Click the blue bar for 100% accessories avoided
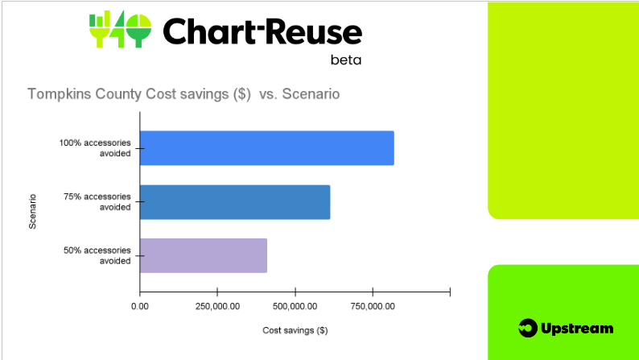tap(267, 148)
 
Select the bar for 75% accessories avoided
tap(235, 202)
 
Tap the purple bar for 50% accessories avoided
tap(204, 255)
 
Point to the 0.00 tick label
tap(140, 306)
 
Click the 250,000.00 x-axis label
tap(217, 306)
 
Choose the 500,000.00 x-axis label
tap(295, 306)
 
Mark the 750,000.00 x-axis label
tap(373, 306)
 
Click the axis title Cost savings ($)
tap(295, 330)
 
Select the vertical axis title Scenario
tap(33, 211)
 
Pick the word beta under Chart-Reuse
tap(346, 60)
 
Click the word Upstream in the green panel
tap(577, 329)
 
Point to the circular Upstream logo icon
tap(528, 329)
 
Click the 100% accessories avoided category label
tap(95, 148)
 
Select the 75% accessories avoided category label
tap(97, 202)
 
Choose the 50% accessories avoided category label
tap(97, 255)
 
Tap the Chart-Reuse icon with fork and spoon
tap(120, 29)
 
